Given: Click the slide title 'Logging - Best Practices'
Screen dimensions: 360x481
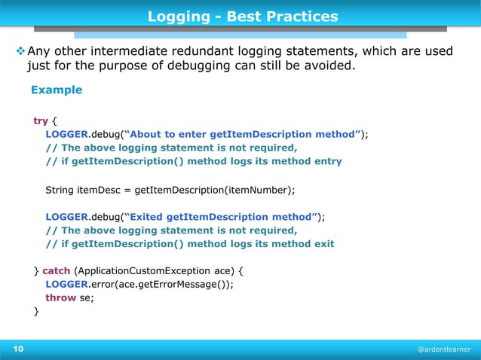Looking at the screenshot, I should click(242, 16).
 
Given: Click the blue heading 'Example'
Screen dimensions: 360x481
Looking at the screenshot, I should click(56, 90).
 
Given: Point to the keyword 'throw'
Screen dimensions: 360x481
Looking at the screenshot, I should click(60, 297).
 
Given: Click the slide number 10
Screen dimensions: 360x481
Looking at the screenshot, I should click(17, 349).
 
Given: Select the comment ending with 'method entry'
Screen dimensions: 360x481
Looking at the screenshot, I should click(193, 161).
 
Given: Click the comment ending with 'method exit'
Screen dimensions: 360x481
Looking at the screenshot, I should click(189, 243).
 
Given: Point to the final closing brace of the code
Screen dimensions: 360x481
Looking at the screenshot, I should click(35, 311).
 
